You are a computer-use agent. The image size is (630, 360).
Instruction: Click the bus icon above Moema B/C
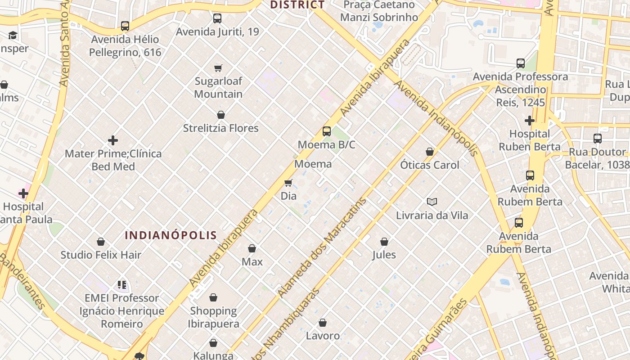[x=327, y=131]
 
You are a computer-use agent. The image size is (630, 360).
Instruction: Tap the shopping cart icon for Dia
[x=288, y=183]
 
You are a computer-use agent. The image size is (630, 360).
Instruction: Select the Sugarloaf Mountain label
[x=218, y=88]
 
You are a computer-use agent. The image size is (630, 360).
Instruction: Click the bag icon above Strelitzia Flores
[x=221, y=115]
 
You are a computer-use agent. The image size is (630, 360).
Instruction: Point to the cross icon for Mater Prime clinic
[x=113, y=140]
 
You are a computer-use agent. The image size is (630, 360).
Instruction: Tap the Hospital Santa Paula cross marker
[x=23, y=193]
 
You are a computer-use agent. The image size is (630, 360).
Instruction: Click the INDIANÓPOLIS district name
[x=171, y=235]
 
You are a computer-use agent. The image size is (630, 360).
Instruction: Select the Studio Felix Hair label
[x=101, y=255]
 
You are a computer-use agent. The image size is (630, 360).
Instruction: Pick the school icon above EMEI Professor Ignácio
[x=122, y=285]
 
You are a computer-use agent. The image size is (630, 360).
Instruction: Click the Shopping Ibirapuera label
[x=213, y=317]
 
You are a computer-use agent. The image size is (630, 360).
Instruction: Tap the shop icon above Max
[x=252, y=248]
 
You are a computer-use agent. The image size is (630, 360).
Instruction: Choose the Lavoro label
[x=323, y=336]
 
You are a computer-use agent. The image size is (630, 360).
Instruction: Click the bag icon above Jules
[x=384, y=242]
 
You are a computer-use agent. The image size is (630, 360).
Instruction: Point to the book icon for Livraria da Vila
[x=432, y=202]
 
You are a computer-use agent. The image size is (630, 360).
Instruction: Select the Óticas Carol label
[x=430, y=165]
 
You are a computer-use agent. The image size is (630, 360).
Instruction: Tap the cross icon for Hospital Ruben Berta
[x=530, y=121]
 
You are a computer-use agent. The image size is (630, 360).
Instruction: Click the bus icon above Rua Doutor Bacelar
[x=598, y=139]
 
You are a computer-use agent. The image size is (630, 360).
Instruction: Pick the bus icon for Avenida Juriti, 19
[x=217, y=18]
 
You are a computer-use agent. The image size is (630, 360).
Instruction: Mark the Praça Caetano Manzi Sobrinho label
[x=379, y=11]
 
